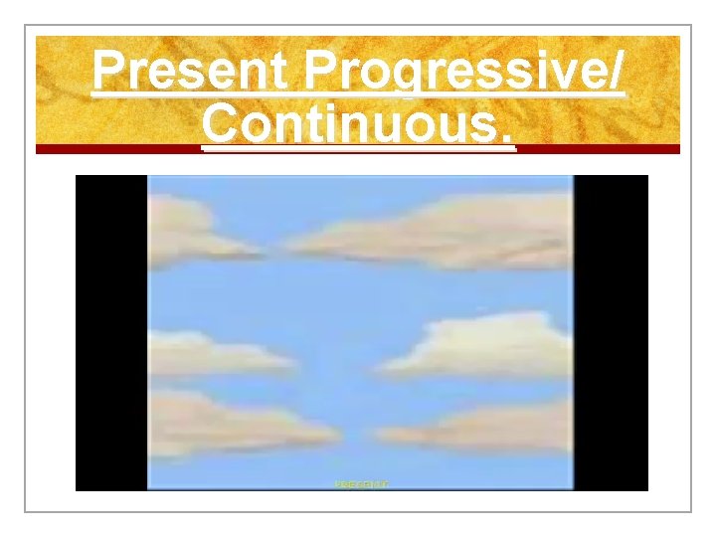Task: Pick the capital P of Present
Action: coord(108,73)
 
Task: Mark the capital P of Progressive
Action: coord(323,73)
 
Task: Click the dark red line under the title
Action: coord(358,149)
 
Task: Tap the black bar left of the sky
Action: coord(111,332)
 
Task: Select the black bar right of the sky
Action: coord(611,332)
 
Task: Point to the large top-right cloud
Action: coord(447,233)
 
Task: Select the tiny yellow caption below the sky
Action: coord(361,484)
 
